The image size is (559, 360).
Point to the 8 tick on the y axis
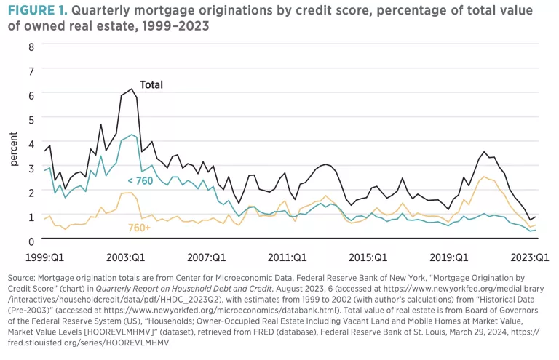tap(31, 46)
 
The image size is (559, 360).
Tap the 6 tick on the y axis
tap(31, 95)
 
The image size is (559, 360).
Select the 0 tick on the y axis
tap(31, 241)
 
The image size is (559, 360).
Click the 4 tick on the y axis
tap(31, 143)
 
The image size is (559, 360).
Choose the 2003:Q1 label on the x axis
tap(126, 257)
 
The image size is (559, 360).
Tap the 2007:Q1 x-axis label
tap(209, 257)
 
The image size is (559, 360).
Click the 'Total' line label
tap(151, 84)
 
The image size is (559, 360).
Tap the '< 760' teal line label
tap(140, 180)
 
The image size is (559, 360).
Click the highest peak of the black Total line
tap(132, 89)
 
